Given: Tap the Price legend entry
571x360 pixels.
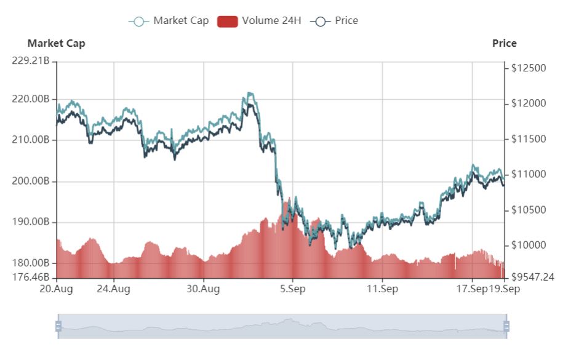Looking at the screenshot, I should tap(335, 21).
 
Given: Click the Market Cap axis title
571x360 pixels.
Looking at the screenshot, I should tap(57, 44).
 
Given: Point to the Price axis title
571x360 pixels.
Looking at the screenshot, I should tap(505, 44).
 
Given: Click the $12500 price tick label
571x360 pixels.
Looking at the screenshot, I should tap(529, 68).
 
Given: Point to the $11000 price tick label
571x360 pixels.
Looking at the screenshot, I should tap(529, 175).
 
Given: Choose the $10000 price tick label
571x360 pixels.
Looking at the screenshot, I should tap(529, 246).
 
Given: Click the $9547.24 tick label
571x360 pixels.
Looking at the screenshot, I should tap(533, 277).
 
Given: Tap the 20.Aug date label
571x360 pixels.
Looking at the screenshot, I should tap(57, 289).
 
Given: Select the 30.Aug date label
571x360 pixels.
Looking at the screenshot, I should tap(203, 289).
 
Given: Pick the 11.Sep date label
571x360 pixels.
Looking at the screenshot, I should tap(381, 289).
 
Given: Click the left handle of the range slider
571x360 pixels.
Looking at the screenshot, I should tap(58, 326).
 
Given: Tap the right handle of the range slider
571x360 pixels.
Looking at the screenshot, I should tap(506, 326).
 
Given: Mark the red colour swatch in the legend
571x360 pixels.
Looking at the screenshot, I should tap(228, 21).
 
